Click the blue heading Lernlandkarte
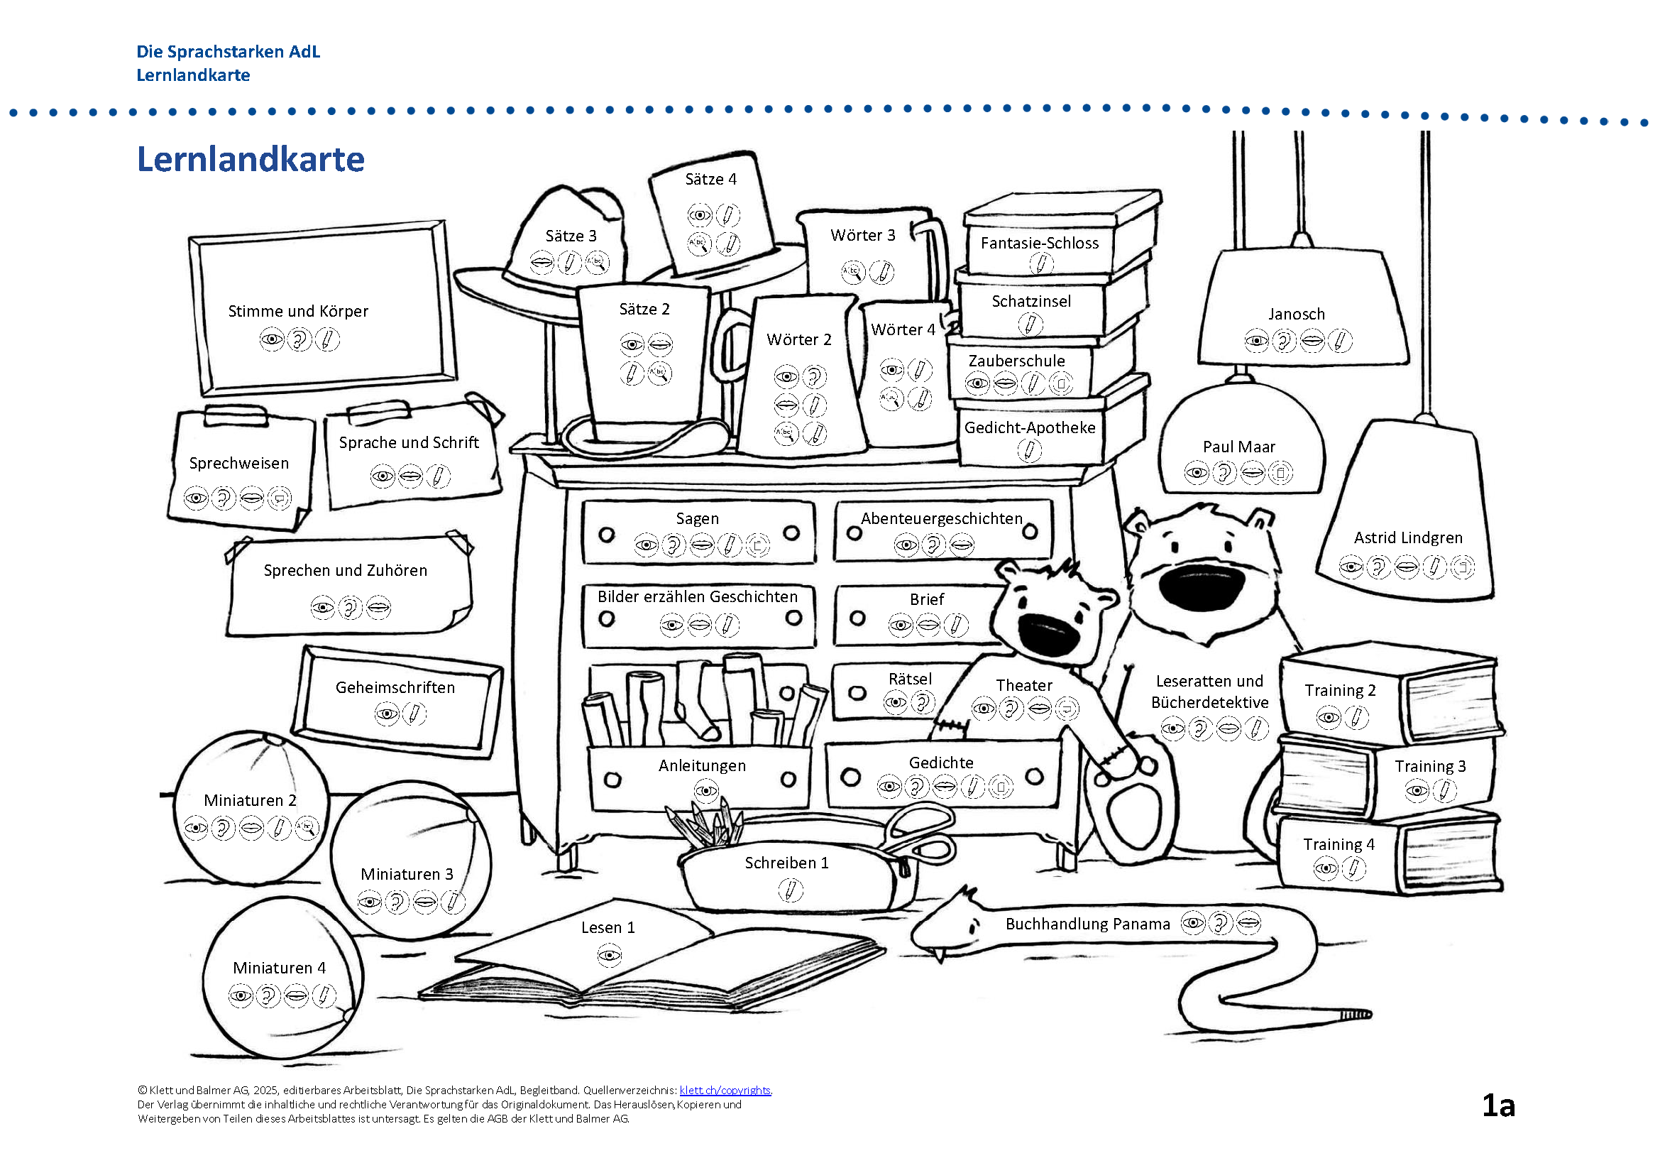[250, 159]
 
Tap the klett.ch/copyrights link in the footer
[725, 1090]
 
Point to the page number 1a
[1498, 1105]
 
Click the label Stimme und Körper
[298, 311]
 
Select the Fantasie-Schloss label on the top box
[1039, 243]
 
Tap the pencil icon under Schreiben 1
[790, 889]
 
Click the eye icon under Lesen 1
[610, 956]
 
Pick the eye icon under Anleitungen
[705, 790]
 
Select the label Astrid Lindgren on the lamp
[1407, 537]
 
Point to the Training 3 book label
[1429, 766]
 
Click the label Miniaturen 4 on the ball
[279, 968]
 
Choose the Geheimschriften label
[395, 687]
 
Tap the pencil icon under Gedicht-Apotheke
[1029, 451]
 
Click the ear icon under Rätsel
[923, 701]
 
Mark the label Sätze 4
[710, 180]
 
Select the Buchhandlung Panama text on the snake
[1087, 924]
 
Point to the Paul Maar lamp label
[1238, 447]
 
